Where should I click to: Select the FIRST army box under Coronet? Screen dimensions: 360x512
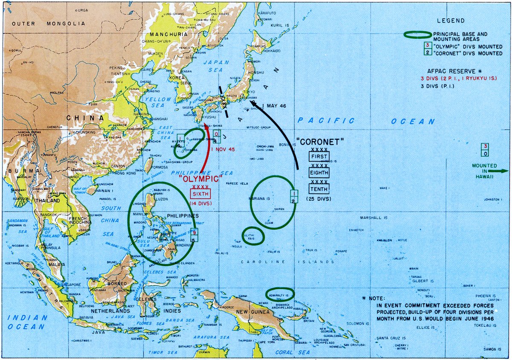pyautogui.click(x=319, y=157)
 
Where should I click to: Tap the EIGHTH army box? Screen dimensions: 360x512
pyautogui.click(x=319, y=173)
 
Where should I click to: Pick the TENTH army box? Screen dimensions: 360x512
pyautogui.click(x=319, y=189)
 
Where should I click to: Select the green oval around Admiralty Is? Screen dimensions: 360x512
pyautogui.click(x=280, y=294)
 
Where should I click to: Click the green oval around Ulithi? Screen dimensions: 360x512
pyautogui.click(x=253, y=236)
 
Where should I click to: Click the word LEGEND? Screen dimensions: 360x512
pyautogui.click(x=450, y=20)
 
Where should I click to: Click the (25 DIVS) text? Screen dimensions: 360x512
pyautogui.click(x=319, y=199)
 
